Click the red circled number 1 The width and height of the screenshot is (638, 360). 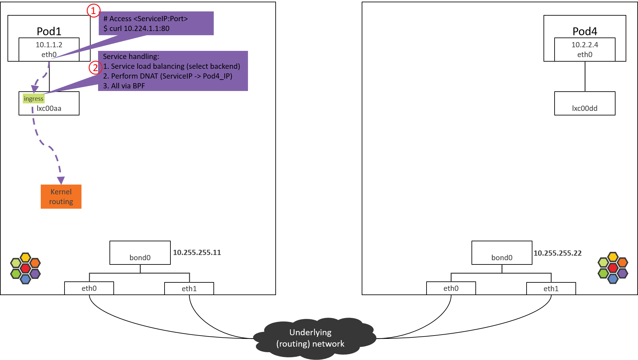pos(94,11)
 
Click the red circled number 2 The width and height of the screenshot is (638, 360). pos(95,68)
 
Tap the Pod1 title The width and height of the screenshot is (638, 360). pos(49,31)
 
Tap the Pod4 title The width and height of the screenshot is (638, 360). pos(585,31)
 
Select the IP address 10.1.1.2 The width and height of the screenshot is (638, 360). pos(49,45)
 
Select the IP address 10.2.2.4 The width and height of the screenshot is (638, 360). pos(585,45)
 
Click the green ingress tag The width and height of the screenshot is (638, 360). pos(34,98)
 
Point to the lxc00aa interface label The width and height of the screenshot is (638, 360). pos(49,108)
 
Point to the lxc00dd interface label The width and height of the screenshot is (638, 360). pos(585,108)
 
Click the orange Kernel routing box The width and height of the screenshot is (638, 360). pos(61,197)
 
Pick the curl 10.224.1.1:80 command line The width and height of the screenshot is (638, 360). pos(137,28)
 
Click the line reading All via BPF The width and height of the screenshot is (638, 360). pos(124,86)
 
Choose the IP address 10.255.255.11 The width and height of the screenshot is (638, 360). pos(197,252)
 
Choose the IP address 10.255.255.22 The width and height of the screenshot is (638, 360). pos(557,253)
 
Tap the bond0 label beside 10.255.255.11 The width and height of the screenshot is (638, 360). pos(140,258)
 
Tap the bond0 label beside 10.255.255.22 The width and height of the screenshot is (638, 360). pos(502,258)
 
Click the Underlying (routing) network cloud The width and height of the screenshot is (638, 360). pos(311,338)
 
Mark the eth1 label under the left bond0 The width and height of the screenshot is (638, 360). pos(189,289)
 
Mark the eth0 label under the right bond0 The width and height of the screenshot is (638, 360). pos(451,288)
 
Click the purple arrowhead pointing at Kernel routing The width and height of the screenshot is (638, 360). pos(61,180)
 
